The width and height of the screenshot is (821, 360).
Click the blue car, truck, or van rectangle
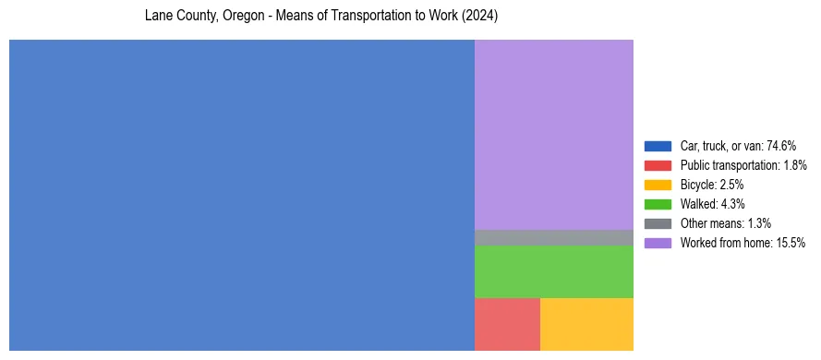point(241,195)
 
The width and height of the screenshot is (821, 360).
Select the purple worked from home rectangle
point(554,134)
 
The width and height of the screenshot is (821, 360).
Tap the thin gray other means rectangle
point(554,237)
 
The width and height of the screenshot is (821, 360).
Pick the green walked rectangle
point(554,271)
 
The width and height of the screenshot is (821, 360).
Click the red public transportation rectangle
point(507,324)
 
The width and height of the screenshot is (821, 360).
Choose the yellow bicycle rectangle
point(586,324)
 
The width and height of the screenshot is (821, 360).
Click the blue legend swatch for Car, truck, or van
point(658,146)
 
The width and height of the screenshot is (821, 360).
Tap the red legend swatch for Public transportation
point(658,165)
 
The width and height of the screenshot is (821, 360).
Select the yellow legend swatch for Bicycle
point(658,185)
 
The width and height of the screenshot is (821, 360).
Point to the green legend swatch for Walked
point(658,204)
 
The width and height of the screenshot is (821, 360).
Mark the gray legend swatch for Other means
point(658,223)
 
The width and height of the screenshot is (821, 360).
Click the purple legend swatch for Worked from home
point(658,243)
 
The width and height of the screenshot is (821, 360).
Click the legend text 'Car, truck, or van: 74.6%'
point(738,146)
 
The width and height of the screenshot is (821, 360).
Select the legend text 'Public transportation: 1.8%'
point(744,165)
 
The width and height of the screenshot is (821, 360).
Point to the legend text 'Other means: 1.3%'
point(725,223)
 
